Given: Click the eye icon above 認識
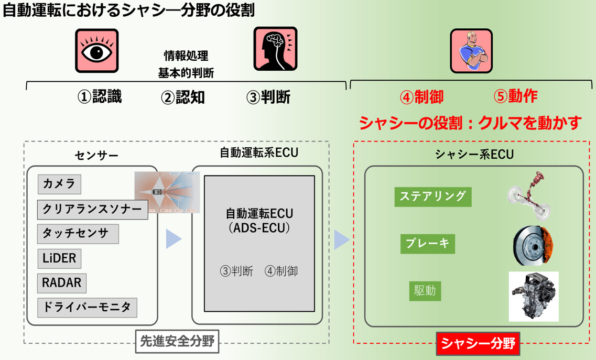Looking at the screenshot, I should point(96,51).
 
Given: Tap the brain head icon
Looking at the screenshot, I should point(275,49).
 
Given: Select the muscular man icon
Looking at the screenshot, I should point(471,51).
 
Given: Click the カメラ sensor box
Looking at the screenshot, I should point(59,184).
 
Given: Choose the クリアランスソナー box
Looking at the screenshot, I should point(92,210).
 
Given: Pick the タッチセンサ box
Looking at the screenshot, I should point(78,234).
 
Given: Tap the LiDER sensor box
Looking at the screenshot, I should point(59,258).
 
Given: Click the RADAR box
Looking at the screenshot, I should point(62,283).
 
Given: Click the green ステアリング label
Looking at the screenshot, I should point(432,197).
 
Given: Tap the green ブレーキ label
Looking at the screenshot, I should point(428,244).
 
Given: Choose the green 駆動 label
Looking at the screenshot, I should point(425,291).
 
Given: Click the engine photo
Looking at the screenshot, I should point(534,296).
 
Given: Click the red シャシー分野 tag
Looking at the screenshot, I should point(478,344).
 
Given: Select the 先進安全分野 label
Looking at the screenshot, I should point(177,341).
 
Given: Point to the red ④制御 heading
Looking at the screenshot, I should point(421,96).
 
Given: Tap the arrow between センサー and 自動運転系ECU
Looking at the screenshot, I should point(174,239).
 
